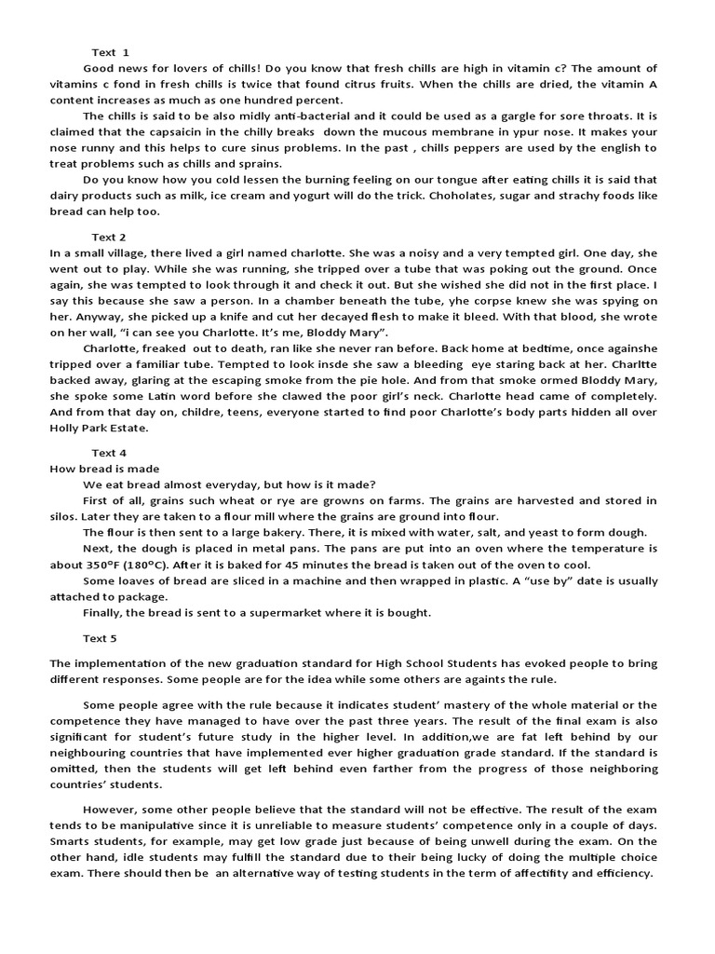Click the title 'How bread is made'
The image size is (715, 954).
pos(104,469)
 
